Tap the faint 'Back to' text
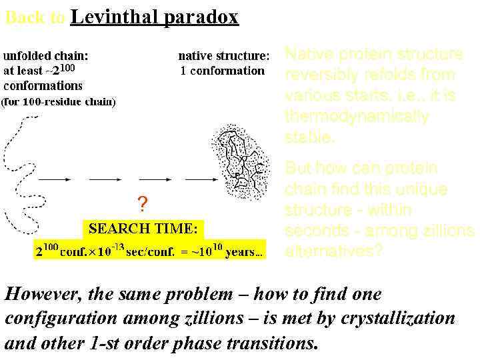tap(34, 19)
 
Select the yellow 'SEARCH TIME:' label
tap(143, 229)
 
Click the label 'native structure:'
tap(224, 55)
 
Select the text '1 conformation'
tap(223, 70)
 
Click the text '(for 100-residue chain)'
tap(59, 101)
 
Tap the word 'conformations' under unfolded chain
tap(43, 85)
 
